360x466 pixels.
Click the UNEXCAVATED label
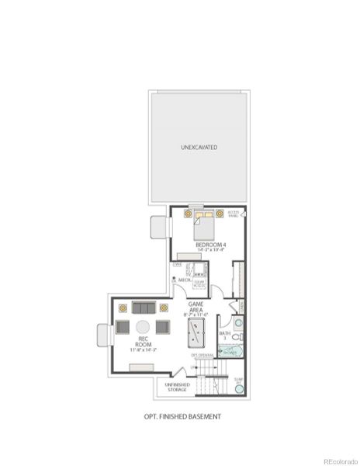[x=199, y=147]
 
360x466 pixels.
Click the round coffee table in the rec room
[x=144, y=327]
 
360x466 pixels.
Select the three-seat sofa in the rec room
[x=144, y=308]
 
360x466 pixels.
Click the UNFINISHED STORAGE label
[x=177, y=387]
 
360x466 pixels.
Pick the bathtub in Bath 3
[x=230, y=351]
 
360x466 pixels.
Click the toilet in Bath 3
[x=241, y=337]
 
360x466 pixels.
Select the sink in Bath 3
[x=238, y=322]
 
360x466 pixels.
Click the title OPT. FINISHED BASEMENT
[x=182, y=416]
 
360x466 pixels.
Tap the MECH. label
[x=185, y=280]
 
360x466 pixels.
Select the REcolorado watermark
[x=340, y=459]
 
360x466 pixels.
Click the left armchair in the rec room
[x=123, y=327]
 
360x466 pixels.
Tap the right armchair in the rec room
[x=163, y=327]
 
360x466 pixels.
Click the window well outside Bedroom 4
[x=159, y=227]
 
